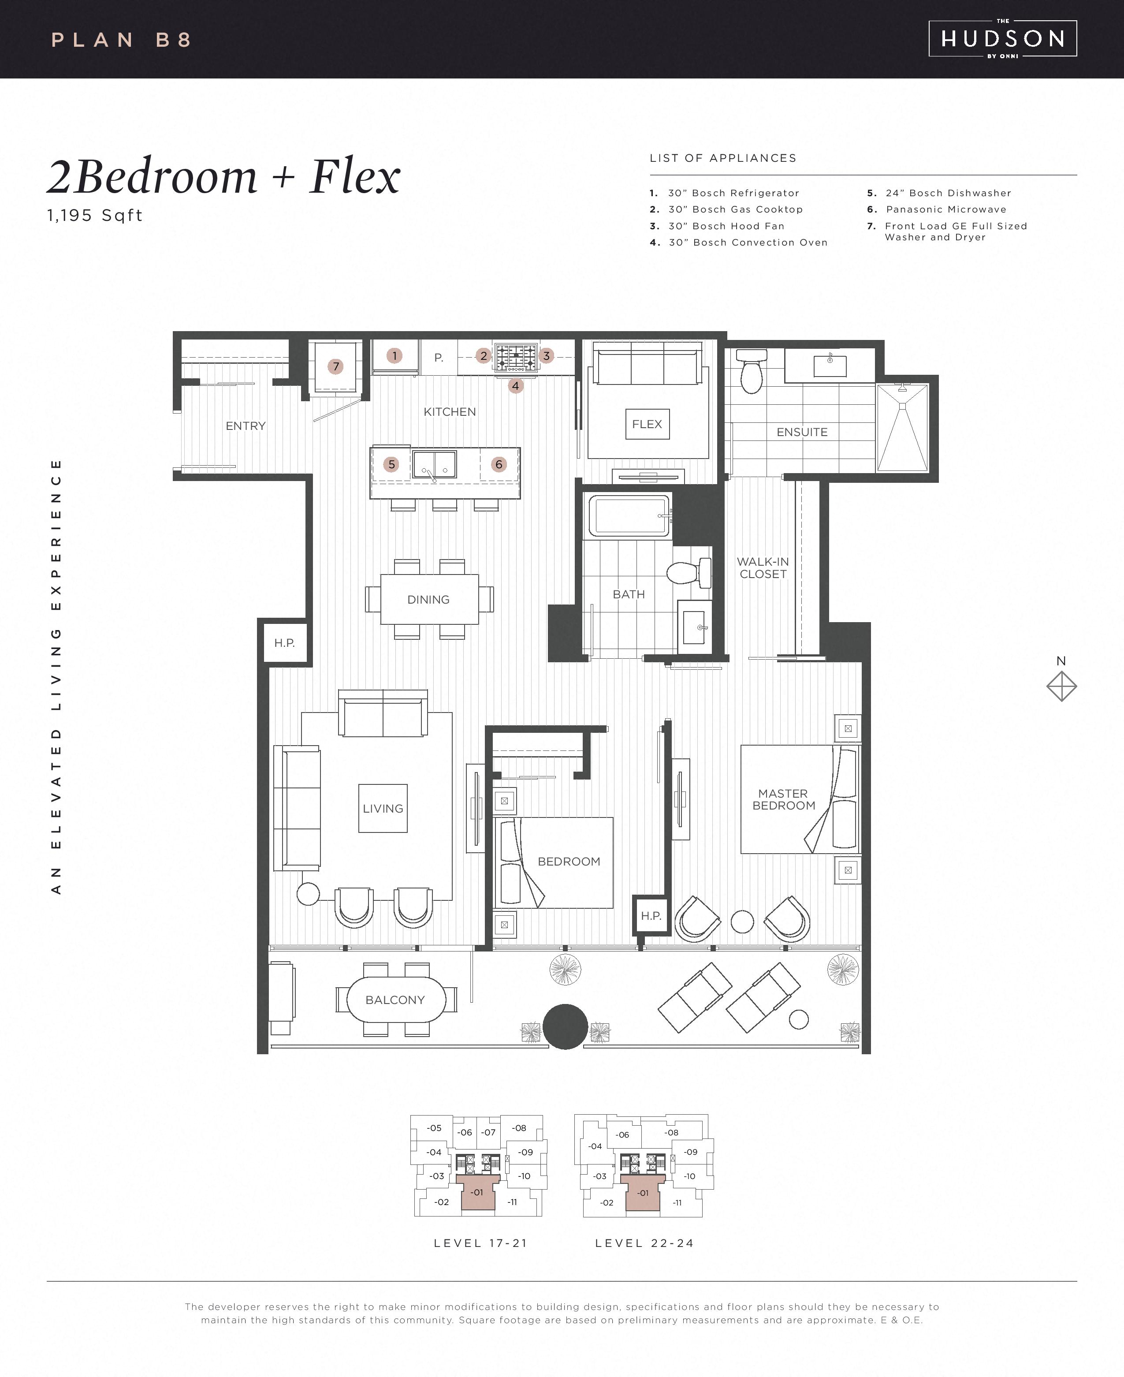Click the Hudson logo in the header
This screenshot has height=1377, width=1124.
pyautogui.click(x=1002, y=39)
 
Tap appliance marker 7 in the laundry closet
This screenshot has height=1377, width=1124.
pyautogui.click(x=335, y=366)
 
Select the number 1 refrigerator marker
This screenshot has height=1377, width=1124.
pyautogui.click(x=395, y=355)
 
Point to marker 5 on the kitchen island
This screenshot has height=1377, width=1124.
pyautogui.click(x=391, y=464)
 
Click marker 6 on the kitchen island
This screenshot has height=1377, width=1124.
pyautogui.click(x=499, y=464)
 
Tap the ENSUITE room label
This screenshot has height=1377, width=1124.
pyautogui.click(x=802, y=432)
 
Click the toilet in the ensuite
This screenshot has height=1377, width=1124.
pyautogui.click(x=752, y=372)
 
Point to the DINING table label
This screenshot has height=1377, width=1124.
pyautogui.click(x=428, y=600)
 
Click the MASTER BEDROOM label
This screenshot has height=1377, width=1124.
pyautogui.click(x=783, y=799)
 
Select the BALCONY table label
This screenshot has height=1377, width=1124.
pyautogui.click(x=395, y=1000)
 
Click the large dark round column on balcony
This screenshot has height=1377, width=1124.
pyautogui.click(x=565, y=1026)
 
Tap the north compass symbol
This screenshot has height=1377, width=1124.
pyautogui.click(x=1061, y=686)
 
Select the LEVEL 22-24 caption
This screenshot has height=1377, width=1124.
pyautogui.click(x=645, y=1243)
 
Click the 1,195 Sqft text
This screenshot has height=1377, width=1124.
pyautogui.click(x=95, y=216)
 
